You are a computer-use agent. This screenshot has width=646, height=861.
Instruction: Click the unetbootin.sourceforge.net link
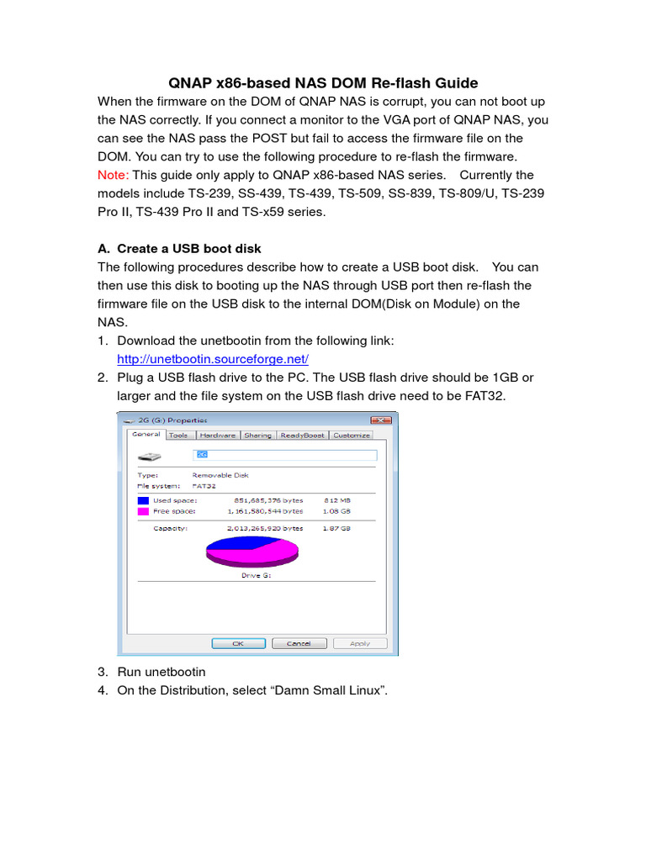(x=213, y=359)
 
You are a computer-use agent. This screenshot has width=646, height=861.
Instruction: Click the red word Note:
(x=114, y=175)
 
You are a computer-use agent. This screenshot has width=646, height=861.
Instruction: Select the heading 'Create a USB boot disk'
(x=189, y=249)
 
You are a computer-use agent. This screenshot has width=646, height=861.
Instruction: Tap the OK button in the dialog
(x=238, y=643)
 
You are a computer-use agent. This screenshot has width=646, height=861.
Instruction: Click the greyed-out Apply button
(x=360, y=643)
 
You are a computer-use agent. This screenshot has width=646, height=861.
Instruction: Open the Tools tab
(x=178, y=436)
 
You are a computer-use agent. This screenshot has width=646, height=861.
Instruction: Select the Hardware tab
(x=217, y=436)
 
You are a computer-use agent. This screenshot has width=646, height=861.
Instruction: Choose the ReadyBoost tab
(x=302, y=436)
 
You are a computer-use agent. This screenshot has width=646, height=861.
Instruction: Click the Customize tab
(x=351, y=436)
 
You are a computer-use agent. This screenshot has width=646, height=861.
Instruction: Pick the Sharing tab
(x=257, y=436)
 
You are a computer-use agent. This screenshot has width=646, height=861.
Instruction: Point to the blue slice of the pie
(x=236, y=541)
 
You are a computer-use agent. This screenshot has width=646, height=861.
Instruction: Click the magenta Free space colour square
(x=142, y=511)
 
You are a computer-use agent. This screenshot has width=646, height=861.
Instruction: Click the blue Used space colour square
(x=142, y=500)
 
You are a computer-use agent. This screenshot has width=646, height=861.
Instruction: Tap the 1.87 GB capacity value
(x=336, y=529)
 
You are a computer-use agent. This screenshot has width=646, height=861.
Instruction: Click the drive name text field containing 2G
(x=284, y=455)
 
